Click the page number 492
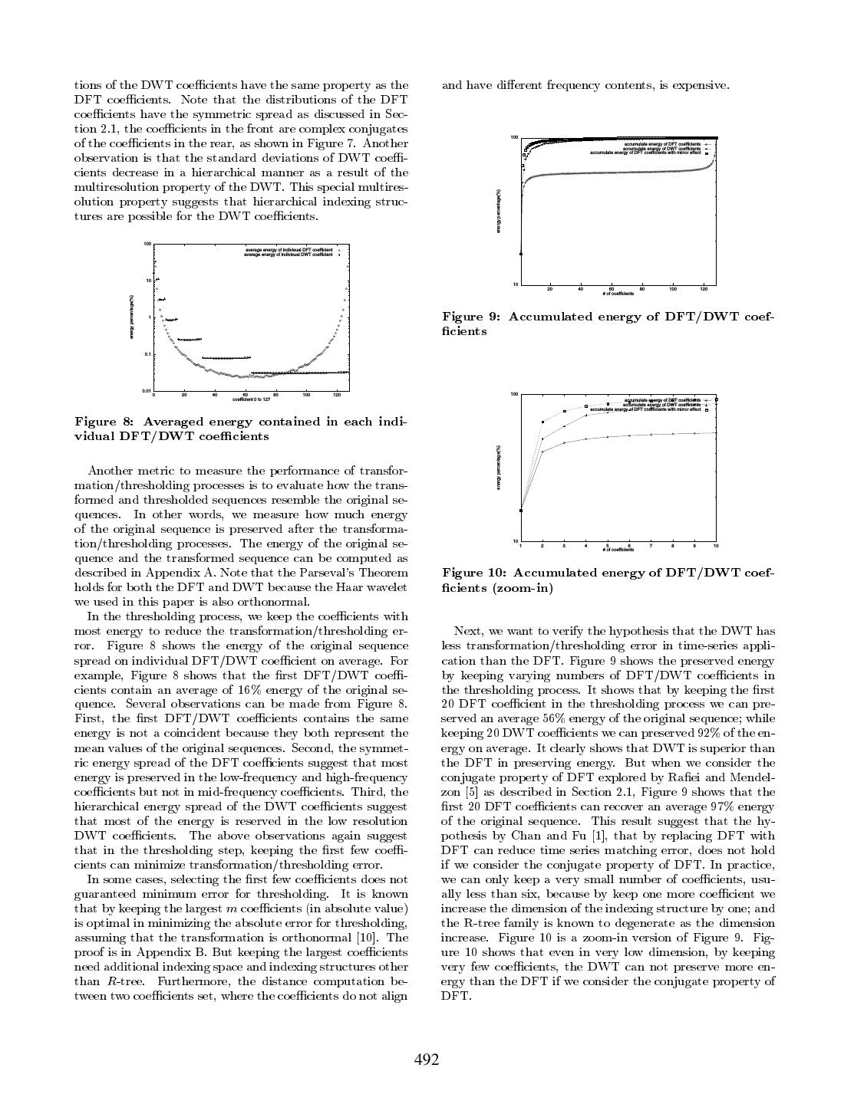(x=427, y=1060)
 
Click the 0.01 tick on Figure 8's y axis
(x=146, y=391)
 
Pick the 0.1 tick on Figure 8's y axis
(x=147, y=354)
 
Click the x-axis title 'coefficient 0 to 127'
(x=252, y=399)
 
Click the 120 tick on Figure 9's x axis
(x=704, y=289)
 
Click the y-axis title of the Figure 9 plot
(x=499, y=212)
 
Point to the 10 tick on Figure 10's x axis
(x=716, y=546)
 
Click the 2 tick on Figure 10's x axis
(x=542, y=546)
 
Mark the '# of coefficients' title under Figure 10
(x=618, y=550)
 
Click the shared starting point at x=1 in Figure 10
(x=521, y=511)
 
